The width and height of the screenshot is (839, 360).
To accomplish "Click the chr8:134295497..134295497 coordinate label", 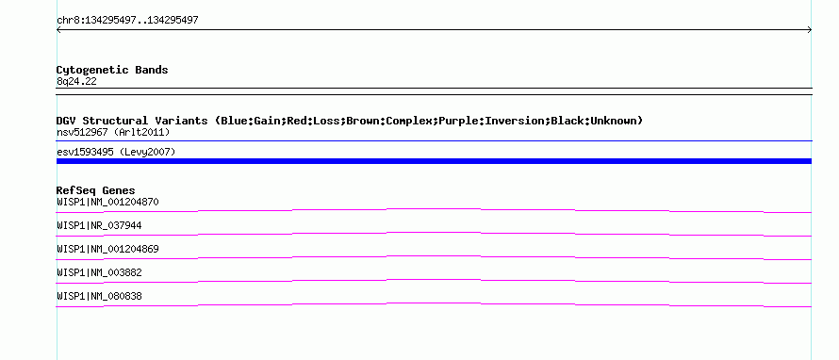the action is (x=127, y=21).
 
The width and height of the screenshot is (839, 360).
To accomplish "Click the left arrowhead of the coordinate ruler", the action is (x=58, y=30).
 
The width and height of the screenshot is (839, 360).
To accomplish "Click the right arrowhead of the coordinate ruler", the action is (x=810, y=30).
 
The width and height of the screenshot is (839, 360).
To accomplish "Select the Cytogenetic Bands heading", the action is (x=112, y=70).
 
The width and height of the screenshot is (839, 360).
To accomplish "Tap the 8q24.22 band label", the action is (x=76, y=81).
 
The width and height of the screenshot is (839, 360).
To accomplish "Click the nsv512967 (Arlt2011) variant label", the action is (x=113, y=132).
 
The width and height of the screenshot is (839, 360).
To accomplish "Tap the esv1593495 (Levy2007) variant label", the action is (x=116, y=152).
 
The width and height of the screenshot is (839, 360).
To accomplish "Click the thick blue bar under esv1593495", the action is (x=434, y=161).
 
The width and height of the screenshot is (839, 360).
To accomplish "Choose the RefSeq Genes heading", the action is (x=96, y=190).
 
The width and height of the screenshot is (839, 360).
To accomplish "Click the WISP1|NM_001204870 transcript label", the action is (x=107, y=203).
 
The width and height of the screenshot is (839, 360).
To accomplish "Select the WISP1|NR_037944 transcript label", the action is (x=99, y=226).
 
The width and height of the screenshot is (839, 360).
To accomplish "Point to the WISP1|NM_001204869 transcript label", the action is (x=107, y=250).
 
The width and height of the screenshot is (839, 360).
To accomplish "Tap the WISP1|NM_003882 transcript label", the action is (x=99, y=272).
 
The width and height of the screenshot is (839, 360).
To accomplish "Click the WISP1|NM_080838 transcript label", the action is (x=99, y=296).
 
